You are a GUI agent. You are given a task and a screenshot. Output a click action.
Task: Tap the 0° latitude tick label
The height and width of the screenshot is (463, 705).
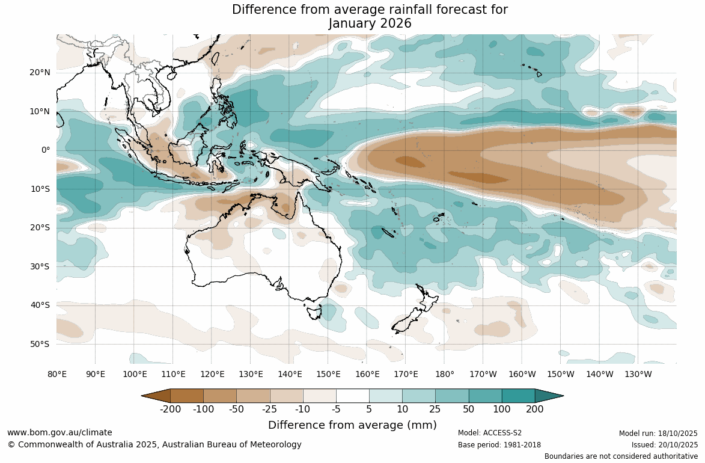click(x=46, y=150)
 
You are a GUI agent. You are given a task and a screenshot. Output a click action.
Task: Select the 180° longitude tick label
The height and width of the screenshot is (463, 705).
click(x=445, y=374)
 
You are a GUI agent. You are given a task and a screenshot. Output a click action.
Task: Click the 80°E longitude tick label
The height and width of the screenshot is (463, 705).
click(x=57, y=374)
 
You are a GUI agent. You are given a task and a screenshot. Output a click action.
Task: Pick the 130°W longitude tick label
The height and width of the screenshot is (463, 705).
click(x=638, y=374)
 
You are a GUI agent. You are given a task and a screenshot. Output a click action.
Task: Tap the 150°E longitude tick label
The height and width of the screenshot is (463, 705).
click(x=328, y=374)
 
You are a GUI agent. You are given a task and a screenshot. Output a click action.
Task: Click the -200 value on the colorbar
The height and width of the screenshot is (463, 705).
click(x=171, y=409)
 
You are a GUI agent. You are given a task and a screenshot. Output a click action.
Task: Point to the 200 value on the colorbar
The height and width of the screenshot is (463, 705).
click(x=535, y=409)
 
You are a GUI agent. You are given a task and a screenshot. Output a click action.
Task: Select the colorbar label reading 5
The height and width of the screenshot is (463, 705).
click(x=369, y=409)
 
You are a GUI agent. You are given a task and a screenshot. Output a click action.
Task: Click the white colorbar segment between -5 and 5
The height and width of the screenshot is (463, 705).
click(x=353, y=396)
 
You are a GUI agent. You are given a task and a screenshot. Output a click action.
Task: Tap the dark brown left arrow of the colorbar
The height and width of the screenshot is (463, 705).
click(x=156, y=396)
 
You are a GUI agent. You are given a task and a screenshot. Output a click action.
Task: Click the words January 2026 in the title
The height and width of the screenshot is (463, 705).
click(x=370, y=23)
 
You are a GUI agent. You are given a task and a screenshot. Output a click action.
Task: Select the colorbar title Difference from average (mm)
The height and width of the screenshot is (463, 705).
click(x=352, y=425)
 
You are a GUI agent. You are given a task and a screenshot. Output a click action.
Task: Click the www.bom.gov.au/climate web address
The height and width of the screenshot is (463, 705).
click(x=60, y=432)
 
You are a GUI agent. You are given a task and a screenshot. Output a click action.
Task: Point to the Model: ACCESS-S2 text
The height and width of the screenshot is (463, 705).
click(x=489, y=433)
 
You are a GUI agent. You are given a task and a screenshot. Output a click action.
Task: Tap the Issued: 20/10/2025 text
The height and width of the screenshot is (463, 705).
click(x=664, y=445)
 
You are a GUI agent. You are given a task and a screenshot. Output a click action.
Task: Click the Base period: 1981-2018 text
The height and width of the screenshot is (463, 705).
click(x=499, y=445)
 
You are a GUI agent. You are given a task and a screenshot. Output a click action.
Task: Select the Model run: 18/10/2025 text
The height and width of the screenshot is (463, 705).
click(x=658, y=433)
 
